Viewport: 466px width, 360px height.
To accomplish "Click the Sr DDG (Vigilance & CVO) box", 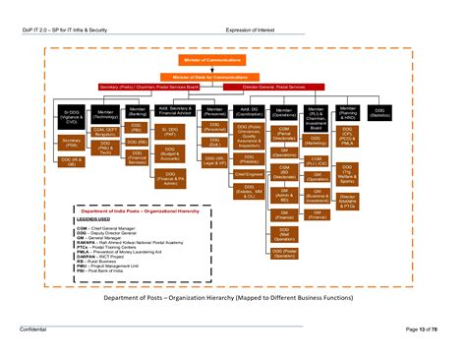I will tap(72, 117).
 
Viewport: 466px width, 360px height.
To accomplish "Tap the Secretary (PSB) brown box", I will tap(71, 144).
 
